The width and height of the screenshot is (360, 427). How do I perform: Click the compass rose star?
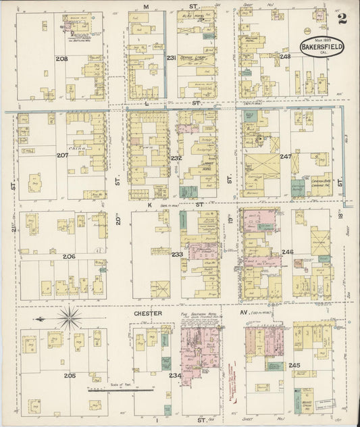coord(68,317)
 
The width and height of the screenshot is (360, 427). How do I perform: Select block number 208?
coord(62,59)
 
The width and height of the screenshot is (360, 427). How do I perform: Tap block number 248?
coord(285,57)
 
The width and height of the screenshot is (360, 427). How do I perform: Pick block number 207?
coord(62,156)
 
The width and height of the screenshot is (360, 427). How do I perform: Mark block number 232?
coord(176,158)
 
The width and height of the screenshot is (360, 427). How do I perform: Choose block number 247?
coord(285,156)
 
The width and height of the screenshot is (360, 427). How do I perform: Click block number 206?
coord(69,257)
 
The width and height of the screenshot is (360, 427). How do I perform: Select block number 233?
coord(177,254)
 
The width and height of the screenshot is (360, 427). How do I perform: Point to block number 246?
coord(288,252)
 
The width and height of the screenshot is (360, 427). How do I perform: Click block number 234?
coord(175,376)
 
